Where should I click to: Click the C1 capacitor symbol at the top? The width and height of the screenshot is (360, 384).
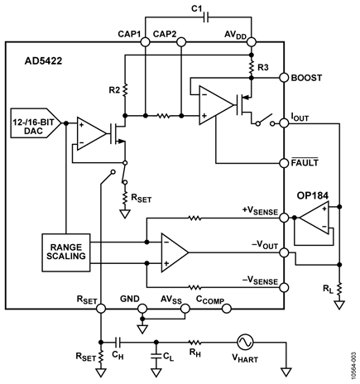click(x=206, y=17)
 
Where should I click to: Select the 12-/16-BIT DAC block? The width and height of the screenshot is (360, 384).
click(x=36, y=122)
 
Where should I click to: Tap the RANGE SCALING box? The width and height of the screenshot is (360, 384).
click(x=66, y=252)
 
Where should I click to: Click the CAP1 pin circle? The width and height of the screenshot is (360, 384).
click(x=145, y=42)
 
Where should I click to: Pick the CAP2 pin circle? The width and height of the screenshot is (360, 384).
click(x=181, y=42)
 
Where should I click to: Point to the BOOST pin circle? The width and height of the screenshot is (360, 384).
click(x=284, y=78)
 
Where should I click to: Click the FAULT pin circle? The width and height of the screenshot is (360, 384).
click(x=284, y=163)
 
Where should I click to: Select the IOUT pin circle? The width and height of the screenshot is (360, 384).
click(x=284, y=123)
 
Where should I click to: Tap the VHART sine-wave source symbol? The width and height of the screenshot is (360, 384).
click(x=245, y=342)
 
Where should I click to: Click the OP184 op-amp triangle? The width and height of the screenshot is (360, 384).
click(x=314, y=218)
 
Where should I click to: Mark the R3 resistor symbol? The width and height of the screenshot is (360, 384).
click(x=251, y=67)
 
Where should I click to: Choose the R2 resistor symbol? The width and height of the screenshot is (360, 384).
click(x=125, y=89)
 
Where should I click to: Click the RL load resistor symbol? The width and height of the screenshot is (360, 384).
click(x=339, y=289)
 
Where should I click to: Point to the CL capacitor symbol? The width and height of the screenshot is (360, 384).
click(x=156, y=357)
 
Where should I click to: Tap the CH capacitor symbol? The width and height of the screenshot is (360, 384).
click(x=118, y=343)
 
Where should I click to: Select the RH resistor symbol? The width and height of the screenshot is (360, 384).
click(x=195, y=343)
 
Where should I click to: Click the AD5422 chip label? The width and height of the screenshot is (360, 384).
click(x=43, y=61)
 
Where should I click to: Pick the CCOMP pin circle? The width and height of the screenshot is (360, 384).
click(x=227, y=309)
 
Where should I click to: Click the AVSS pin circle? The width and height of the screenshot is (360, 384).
click(x=185, y=309)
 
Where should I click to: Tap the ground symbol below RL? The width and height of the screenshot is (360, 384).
click(x=339, y=305)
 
